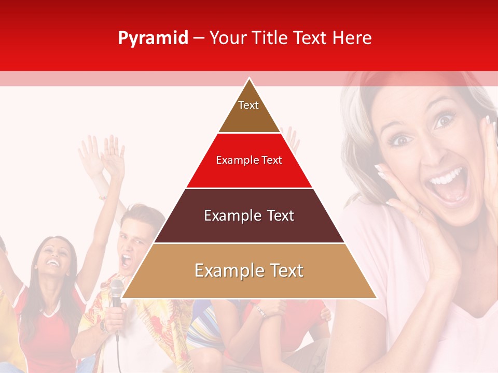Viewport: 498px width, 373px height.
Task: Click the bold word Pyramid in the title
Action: [153, 38]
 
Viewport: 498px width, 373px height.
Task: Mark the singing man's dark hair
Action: [138, 212]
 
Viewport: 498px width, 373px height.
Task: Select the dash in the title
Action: [199, 38]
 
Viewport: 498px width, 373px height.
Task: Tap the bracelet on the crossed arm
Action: [260, 310]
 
